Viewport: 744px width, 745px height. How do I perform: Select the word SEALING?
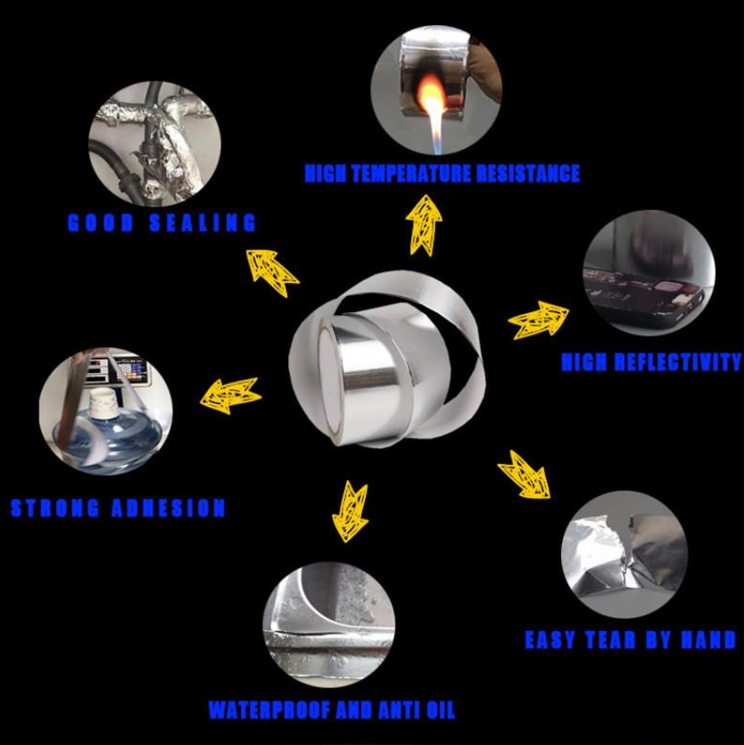pyautogui.click(x=203, y=223)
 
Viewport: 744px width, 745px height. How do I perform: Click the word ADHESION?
pyautogui.click(x=168, y=508)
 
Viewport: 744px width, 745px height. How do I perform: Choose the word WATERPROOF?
pyautogui.click(x=269, y=710)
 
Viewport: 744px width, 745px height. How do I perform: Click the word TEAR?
pyautogui.click(x=610, y=640)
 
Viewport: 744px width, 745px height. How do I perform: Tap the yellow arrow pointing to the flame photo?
pyautogui.click(x=424, y=225)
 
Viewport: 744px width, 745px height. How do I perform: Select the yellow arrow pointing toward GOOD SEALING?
pyautogui.click(x=272, y=273)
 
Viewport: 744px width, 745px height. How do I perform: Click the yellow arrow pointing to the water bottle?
pyautogui.click(x=230, y=395)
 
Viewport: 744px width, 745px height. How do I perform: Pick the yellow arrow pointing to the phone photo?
pyautogui.click(x=538, y=321)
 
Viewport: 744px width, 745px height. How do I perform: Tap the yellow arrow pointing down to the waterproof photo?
pyautogui.click(x=351, y=512)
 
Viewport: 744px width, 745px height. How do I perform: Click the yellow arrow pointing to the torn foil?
pyautogui.click(x=524, y=476)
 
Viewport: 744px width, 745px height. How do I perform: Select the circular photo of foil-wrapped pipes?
pyautogui.click(x=154, y=144)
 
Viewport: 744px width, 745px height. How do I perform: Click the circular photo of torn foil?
pyautogui.click(x=624, y=554)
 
